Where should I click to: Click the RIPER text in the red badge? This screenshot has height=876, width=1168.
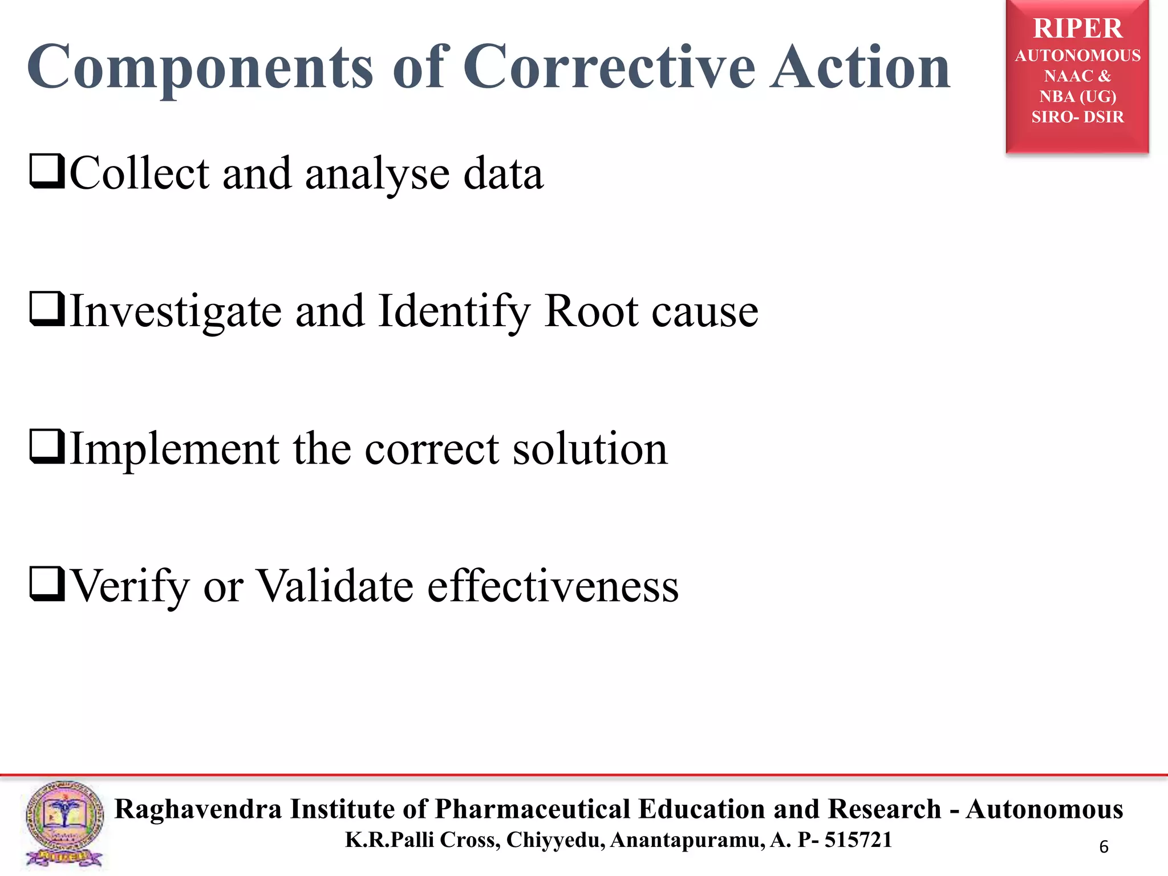tap(1077, 29)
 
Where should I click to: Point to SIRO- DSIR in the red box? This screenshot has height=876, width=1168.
tap(1077, 117)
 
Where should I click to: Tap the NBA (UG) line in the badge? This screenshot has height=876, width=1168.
tap(1077, 96)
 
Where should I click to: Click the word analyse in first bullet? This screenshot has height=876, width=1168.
tap(378, 175)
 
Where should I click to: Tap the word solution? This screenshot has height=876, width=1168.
tap(590, 449)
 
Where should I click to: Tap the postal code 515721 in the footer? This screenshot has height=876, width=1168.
tap(858, 840)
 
